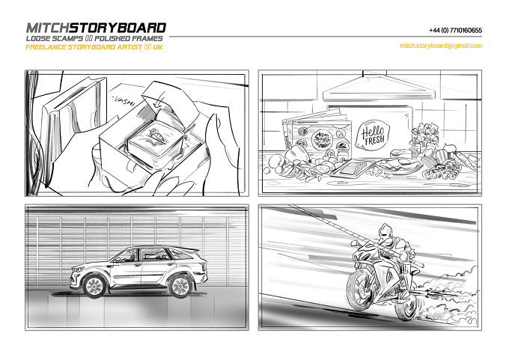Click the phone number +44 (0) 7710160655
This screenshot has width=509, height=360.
click(455, 31)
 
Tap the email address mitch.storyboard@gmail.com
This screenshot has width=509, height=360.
click(441, 46)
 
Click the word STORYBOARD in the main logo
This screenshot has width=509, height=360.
click(118, 28)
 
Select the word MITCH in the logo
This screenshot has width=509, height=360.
click(48, 28)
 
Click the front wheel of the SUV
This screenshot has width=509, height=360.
click(94, 286)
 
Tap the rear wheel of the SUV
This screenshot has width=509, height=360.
click(180, 286)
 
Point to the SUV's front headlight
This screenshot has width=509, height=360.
click(79, 269)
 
